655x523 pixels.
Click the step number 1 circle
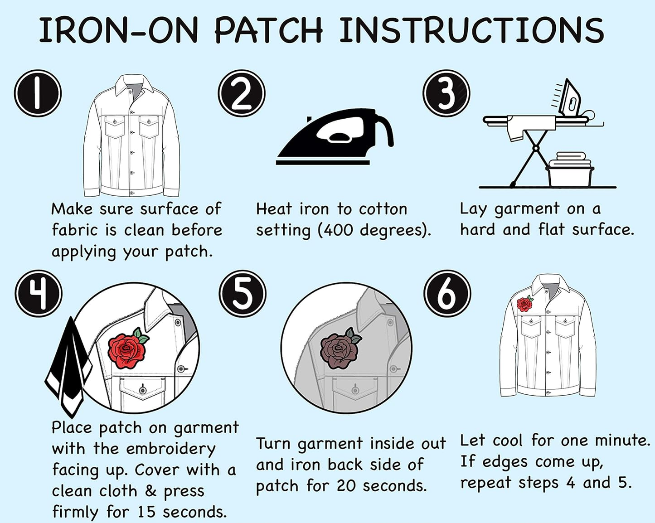click(38, 93)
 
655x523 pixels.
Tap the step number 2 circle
click(242, 93)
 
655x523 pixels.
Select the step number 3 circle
click(446, 93)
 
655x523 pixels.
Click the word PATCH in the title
click(268, 30)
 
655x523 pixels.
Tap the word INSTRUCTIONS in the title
click(471, 30)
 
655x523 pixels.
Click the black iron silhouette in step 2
click(335, 137)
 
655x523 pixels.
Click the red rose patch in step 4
click(128, 349)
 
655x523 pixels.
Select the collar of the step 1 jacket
click(134, 83)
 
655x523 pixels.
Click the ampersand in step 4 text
click(151, 491)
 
